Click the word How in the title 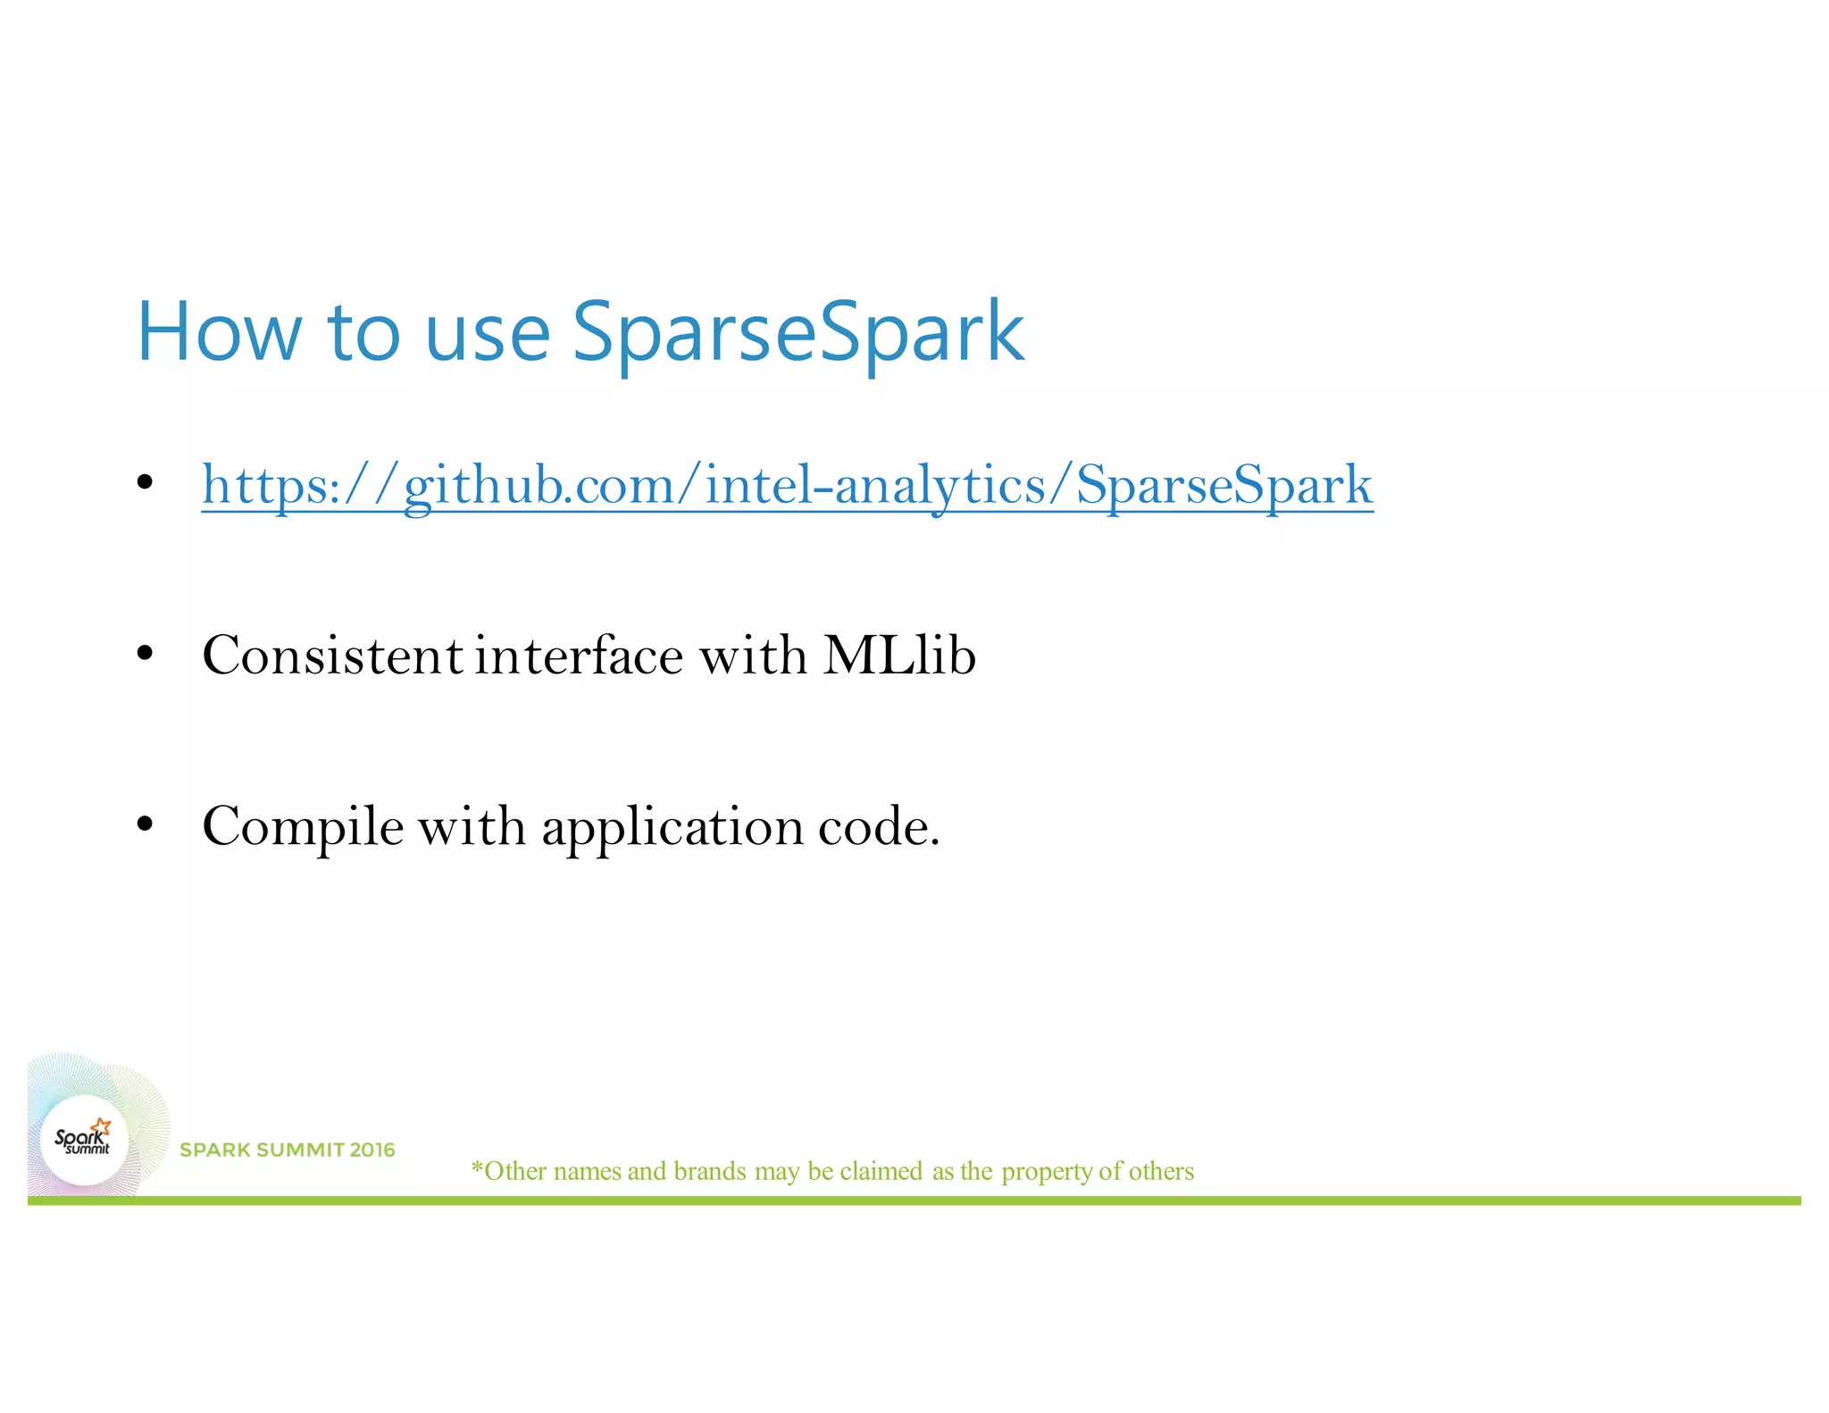coord(219,332)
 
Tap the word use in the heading coord(487,335)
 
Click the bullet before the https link coord(146,483)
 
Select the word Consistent coord(332,656)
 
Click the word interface coord(579,656)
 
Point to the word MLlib coord(898,656)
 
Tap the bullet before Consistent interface coord(146,654)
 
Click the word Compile coord(303,827)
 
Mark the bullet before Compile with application coord(146,824)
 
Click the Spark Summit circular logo coord(85,1141)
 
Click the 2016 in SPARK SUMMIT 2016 coord(372,1150)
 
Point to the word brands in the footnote coord(710,1171)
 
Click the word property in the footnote coord(1047,1172)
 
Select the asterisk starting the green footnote coord(477,1167)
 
